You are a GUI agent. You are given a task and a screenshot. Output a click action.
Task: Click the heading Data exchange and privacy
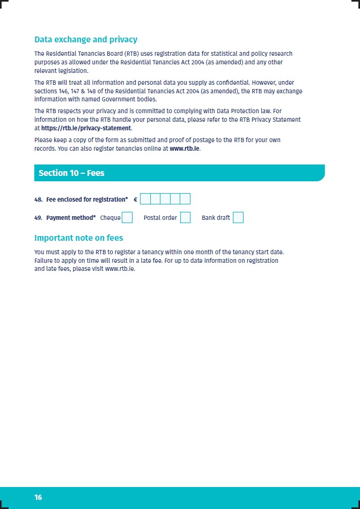coord(86,40)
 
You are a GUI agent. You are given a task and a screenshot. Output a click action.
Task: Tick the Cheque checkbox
coord(127,217)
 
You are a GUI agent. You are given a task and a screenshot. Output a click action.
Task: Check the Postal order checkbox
coord(185,217)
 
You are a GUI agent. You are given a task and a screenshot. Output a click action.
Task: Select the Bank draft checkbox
coord(238,217)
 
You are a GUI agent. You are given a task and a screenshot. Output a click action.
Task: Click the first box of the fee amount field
coord(145,200)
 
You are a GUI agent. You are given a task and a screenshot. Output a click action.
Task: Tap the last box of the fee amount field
coord(185,200)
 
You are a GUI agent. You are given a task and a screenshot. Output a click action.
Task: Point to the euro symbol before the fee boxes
coord(135,200)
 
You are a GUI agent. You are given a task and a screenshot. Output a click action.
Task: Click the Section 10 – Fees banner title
coord(71,173)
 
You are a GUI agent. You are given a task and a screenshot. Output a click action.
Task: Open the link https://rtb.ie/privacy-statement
coord(86,128)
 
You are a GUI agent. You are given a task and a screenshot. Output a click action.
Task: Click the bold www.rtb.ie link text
coord(185,149)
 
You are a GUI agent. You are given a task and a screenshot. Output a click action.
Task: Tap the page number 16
coord(38,498)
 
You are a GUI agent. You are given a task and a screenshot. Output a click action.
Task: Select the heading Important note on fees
coord(79,238)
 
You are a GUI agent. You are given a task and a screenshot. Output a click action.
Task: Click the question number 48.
coord(38,200)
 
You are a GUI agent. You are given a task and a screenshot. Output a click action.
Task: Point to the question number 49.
coord(38,218)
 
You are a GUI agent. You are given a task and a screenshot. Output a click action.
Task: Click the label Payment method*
coord(71,218)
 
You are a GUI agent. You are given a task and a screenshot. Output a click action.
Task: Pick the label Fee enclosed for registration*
coord(87,200)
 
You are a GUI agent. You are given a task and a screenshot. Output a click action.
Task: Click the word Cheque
coord(110,218)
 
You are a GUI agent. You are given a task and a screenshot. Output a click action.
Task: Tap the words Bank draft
coord(216,218)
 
